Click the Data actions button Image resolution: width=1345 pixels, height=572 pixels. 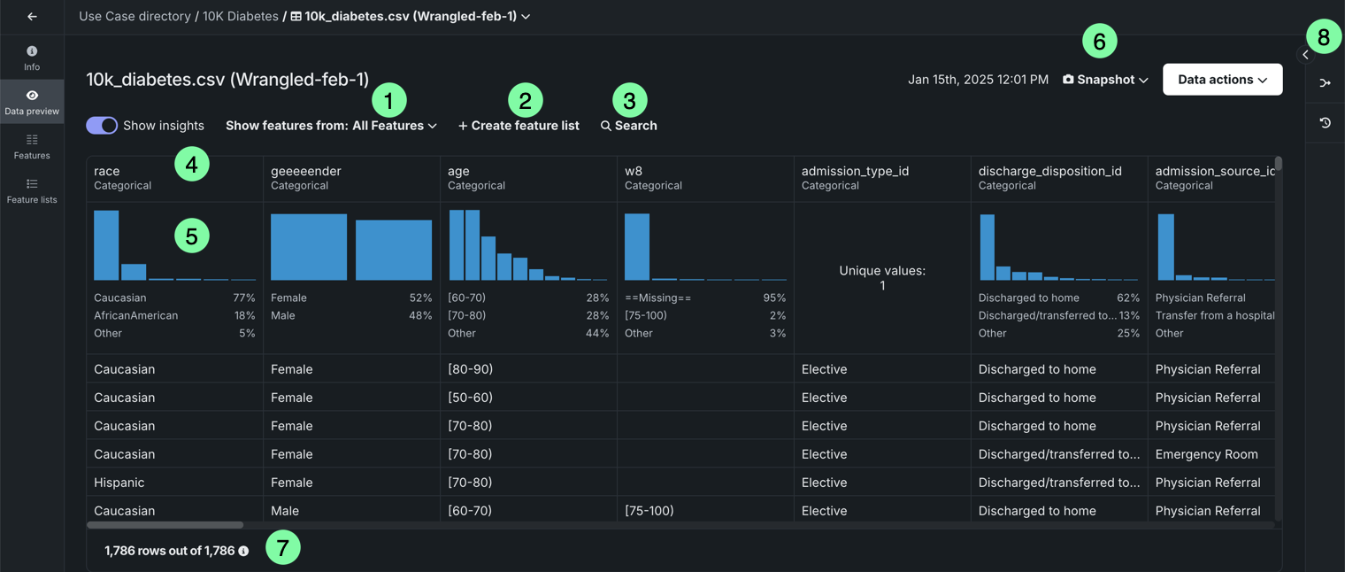tap(1222, 80)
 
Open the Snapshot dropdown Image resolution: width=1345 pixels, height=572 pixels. tap(1105, 80)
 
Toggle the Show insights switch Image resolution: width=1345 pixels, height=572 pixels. tap(102, 126)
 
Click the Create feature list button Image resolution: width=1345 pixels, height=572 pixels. tap(519, 126)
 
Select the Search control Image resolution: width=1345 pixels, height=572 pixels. tap(629, 126)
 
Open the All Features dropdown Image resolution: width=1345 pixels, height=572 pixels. tap(394, 126)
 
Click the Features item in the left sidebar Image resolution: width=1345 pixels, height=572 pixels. tap(32, 146)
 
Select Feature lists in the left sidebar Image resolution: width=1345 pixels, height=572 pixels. tap(32, 190)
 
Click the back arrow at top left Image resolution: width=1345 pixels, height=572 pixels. tap(32, 16)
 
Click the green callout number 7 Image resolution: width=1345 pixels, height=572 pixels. tap(283, 548)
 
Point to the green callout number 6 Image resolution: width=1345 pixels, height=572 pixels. tap(1100, 42)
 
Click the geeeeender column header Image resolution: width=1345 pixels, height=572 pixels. tap(306, 171)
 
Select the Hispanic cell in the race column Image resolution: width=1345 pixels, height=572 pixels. tap(119, 483)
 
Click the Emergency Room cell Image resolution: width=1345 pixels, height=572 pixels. tap(1206, 454)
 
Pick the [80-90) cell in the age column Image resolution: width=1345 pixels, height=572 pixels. tap(470, 369)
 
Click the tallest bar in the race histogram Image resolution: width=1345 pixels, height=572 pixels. tap(106, 245)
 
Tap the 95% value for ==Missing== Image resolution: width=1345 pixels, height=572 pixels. tap(774, 298)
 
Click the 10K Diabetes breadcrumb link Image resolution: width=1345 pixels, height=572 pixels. tap(241, 16)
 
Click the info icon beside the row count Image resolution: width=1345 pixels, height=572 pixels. tap(243, 551)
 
